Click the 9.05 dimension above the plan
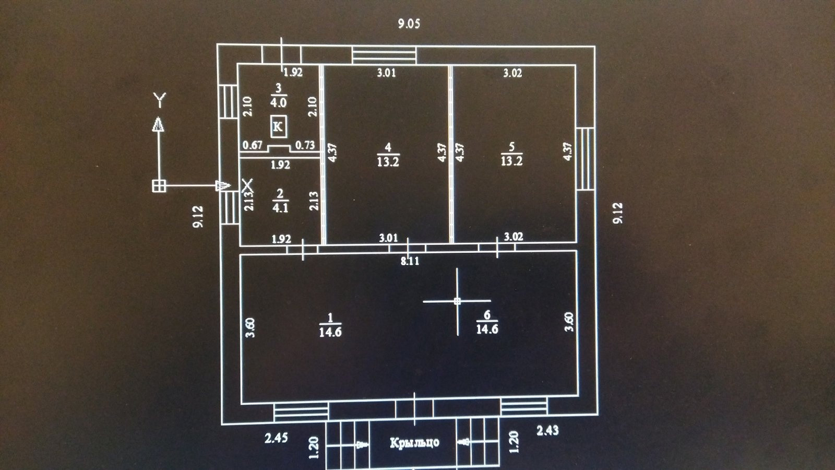click(409, 23)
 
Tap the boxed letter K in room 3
click(278, 127)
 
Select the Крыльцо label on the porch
click(414, 443)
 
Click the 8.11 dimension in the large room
click(410, 261)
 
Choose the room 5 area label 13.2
click(511, 155)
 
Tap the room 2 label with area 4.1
click(280, 201)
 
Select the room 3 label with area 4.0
click(278, 96)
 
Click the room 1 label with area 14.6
click(330, 325)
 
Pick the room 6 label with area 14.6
click(487, 322)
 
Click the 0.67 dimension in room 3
click(253, 145)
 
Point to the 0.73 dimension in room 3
click(305, 145)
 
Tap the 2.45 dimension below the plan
click(276, 438)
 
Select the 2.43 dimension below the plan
click(547, 430)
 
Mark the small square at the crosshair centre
click(458, 301)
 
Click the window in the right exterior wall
click(586, 158)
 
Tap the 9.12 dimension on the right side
click(618, 213)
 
